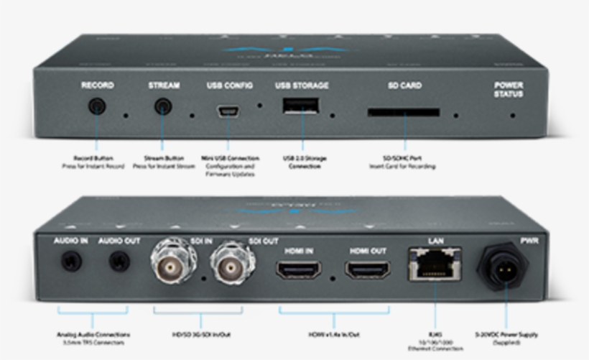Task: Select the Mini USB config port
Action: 229,111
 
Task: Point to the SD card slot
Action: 404,113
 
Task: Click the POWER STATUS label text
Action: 508,90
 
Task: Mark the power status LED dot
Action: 512,115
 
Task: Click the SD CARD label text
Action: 404,86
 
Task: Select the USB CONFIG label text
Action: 229,86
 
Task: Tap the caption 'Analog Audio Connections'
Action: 93,334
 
